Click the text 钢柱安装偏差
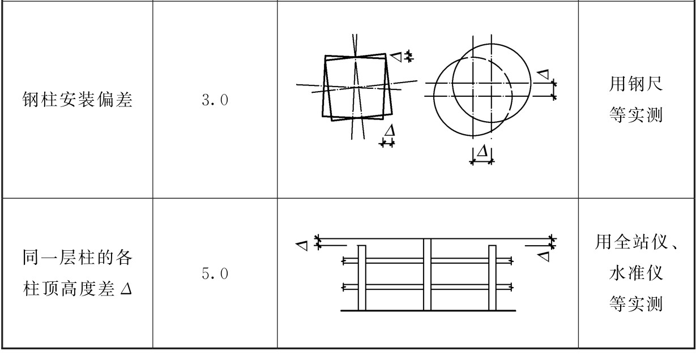[78, 100]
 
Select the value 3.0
[215, 100]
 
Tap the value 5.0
[215, 273]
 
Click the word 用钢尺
[636, 84]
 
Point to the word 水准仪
[636, 273]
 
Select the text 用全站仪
[631, 242]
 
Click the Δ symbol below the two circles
[482, 151]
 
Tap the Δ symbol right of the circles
[543, 74]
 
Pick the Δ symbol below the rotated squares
[390, 130]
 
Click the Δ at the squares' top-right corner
[396, 57]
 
